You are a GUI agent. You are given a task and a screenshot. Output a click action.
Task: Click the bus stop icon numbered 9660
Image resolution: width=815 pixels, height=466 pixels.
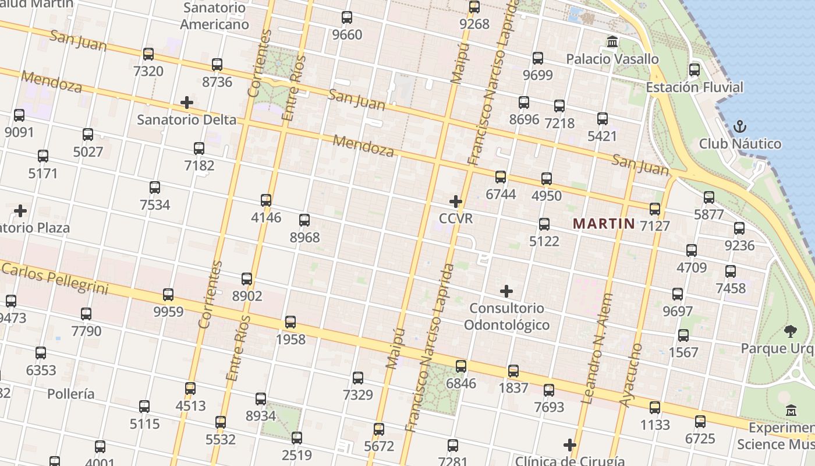[x=347, y=17]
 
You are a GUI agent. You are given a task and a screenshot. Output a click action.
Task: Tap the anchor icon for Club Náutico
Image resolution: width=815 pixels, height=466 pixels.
[x=739, y=126]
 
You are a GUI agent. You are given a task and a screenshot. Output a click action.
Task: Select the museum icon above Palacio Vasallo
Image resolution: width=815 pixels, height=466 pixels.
[x=612, y=42]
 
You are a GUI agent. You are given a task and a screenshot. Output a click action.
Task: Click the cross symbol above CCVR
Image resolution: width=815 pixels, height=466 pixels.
[x=456, y=202]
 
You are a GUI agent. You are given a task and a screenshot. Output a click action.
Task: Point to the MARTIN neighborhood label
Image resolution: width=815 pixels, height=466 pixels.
[x=604, y=223]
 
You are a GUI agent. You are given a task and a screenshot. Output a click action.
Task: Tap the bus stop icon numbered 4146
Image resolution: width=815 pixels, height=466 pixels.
[x=266, y=200]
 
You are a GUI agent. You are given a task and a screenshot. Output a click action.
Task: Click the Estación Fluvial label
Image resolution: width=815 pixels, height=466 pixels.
[x=694, y=87]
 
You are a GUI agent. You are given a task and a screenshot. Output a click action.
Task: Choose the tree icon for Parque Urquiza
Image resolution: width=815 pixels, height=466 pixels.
[x=790, y=331]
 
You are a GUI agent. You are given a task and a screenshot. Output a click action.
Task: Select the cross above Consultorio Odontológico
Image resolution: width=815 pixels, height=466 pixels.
[x=506, y=291]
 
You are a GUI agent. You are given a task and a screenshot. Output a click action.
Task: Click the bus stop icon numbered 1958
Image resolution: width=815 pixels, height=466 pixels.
[x=290, y=322]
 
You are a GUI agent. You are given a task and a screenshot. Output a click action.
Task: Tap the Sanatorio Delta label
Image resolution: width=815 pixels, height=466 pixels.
[x=187, y=120]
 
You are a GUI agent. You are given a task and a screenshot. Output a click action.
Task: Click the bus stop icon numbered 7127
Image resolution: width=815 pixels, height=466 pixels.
[x=655, y=209]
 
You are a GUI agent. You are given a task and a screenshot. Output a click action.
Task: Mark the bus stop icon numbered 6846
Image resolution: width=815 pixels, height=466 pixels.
[x=461, y=366]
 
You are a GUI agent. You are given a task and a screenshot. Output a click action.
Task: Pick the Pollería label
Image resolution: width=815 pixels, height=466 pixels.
[x=71, y=394]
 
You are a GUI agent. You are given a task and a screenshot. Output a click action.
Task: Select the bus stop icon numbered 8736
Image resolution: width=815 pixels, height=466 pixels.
[x=217, y=65]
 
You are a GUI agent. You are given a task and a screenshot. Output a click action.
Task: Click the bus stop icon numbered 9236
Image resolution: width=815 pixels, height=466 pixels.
[x=739, y=228]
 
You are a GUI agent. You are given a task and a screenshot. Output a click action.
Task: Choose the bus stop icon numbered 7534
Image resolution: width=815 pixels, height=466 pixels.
[x=155, y=188]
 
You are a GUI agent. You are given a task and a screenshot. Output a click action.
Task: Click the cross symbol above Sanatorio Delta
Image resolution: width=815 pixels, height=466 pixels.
[x=187, y=103]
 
